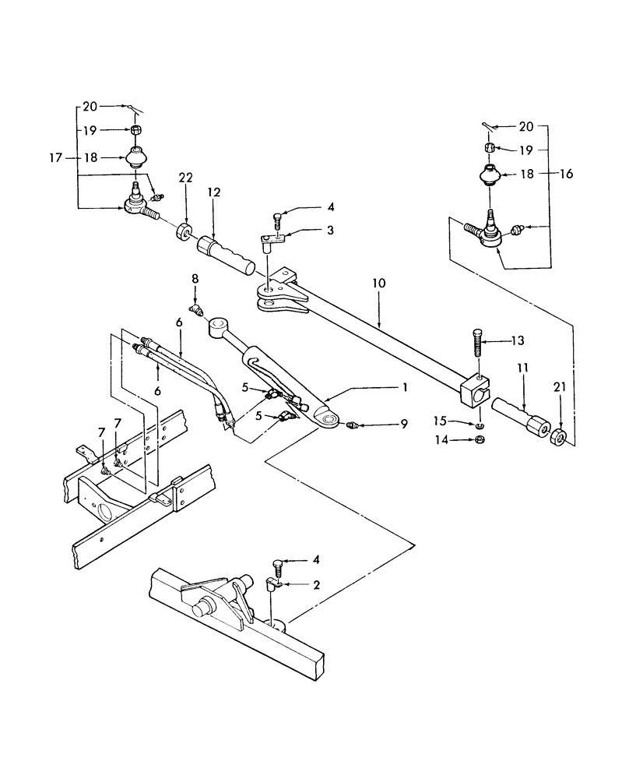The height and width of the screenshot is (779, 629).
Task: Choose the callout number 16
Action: point(565,174)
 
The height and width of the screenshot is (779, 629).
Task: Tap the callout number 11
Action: point(523,386)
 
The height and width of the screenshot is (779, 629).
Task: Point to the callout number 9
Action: point(382,425)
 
